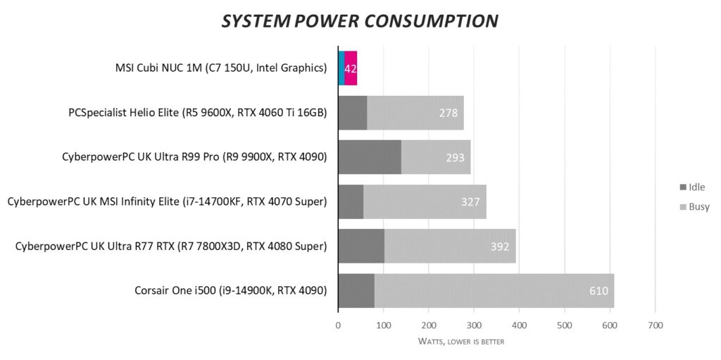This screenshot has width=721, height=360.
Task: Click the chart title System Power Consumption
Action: [x=360, y=21]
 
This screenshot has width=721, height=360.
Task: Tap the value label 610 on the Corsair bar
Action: [x=598, y=290]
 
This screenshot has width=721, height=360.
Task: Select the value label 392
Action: [x=501, y=246]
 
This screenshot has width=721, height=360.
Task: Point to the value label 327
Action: [x=470, y=202]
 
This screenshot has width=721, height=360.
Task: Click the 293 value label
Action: [x=455, y=158]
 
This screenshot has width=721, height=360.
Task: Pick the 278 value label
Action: [x=448, y=113]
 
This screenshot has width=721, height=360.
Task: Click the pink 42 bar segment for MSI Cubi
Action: [x=351, y=68]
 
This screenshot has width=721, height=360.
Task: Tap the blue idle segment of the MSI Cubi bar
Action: [x=341, y=68]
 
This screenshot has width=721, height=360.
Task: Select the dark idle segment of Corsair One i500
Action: [x=356, y=290]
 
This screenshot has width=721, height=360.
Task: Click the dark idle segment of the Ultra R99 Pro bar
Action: [x=370, y=157]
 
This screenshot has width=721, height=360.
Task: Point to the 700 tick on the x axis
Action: [x=655, y=326]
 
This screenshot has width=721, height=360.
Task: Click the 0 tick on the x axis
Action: [x=338, y=326]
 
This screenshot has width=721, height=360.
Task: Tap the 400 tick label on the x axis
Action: [x=519, y=326]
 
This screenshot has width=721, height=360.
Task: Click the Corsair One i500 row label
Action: [x=230, y=290]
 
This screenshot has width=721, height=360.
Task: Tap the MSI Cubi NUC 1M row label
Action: [x=221, y=68]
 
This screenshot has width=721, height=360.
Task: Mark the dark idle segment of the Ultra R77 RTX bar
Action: [x=361, y=246]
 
